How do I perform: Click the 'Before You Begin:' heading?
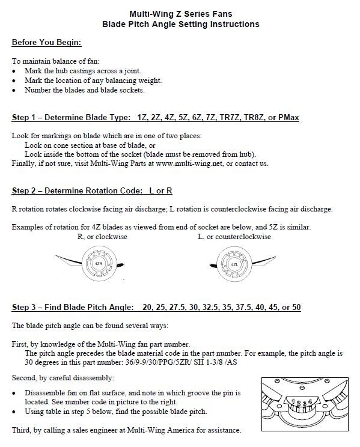(46, 43)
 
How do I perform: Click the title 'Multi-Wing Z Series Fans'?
(181, 14)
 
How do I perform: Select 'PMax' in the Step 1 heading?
(288, 117)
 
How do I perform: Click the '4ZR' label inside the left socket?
(99, 264)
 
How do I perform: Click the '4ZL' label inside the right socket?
(234, 264)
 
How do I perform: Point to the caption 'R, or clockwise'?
(102, 237)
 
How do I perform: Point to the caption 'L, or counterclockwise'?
(234, 237)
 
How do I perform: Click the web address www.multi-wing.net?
(189, 163)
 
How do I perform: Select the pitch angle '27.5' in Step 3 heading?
(177, 307)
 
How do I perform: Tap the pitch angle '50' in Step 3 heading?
(296, 307)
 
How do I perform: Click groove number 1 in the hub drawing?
(293, 401)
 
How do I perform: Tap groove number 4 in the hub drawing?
(310, 402)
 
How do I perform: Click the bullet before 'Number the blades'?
(14, 90)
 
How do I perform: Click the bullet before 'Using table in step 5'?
(14, 412)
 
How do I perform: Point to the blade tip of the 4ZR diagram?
(55, 256)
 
